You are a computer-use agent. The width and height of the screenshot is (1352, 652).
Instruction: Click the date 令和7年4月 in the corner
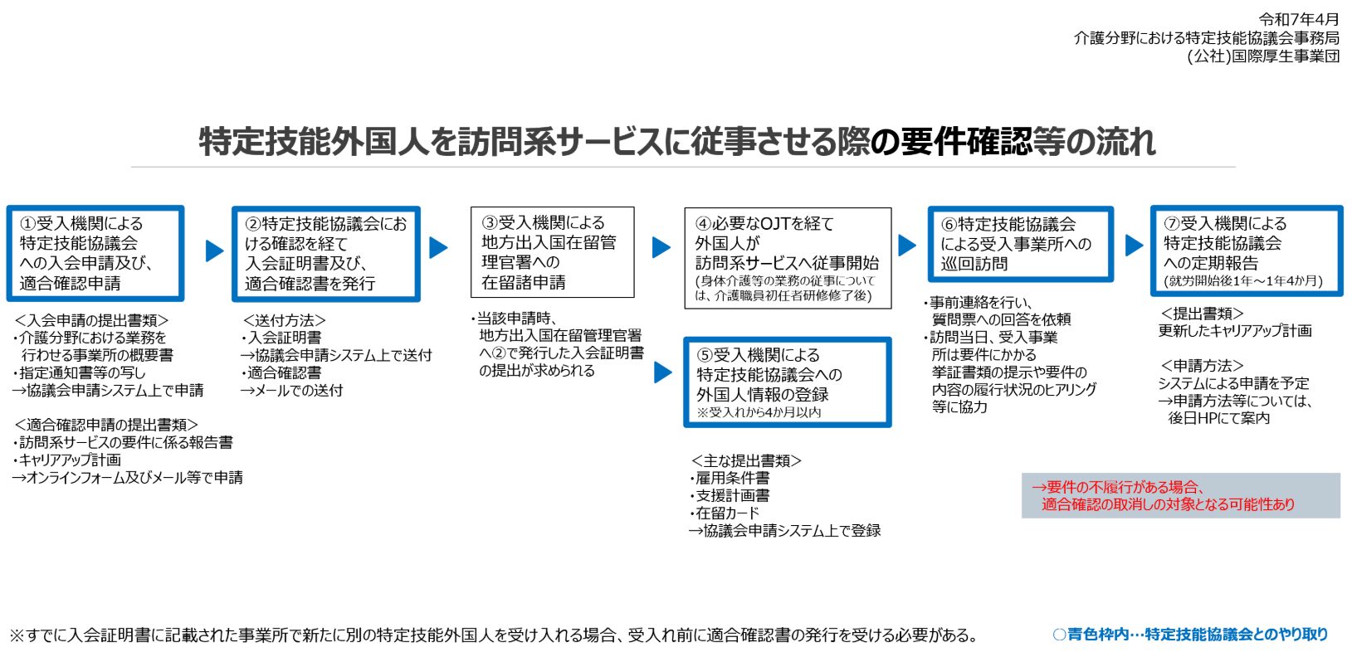[1298, 19]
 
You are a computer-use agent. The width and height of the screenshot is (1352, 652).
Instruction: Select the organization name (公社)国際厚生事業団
[1263, 56]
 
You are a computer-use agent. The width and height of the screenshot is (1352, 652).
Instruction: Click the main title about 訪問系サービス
[677, 143]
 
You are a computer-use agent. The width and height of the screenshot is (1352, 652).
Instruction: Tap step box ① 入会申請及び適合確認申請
[95, 253]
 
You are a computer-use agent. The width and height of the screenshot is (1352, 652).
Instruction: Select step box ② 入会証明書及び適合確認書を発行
[326, 254]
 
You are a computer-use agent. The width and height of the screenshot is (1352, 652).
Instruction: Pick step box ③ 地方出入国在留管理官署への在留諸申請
[552, 252]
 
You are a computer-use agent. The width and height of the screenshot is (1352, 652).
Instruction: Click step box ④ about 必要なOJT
[788, 258]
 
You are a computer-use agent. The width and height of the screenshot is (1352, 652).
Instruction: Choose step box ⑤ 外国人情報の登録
[787, 382]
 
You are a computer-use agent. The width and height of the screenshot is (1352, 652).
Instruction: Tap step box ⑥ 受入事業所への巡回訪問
[1021, 244]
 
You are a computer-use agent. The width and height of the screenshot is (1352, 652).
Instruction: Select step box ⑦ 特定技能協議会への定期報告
[1247, 251]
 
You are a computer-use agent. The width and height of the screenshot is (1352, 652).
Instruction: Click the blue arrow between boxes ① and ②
[214, 251]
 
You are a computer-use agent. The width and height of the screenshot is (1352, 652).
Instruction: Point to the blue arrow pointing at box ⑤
[663, 372]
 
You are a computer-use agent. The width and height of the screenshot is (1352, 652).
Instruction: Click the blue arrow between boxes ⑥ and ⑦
[1135, 245]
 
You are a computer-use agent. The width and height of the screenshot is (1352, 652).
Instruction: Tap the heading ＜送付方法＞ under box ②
[284, 320]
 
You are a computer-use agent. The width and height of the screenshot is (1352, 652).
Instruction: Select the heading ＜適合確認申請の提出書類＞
[106, 425]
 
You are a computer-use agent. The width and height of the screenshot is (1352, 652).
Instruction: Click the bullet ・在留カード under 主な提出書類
[725, 513]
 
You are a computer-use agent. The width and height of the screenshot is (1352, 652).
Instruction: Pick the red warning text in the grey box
[1163, 496]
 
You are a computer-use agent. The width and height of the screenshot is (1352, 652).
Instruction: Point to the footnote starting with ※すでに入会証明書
[494, 635]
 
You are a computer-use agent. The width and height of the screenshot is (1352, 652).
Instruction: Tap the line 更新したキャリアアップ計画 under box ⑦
[1235, 330]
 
